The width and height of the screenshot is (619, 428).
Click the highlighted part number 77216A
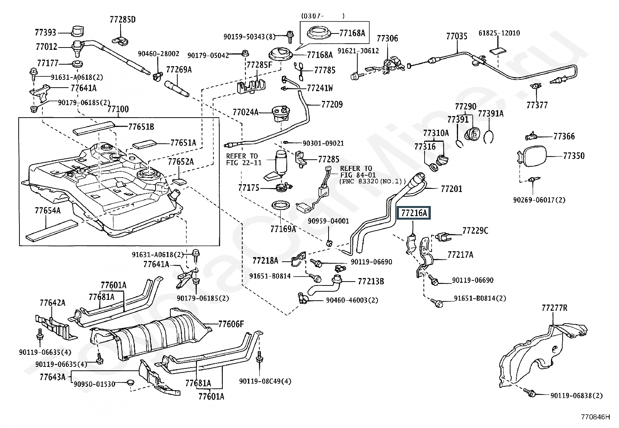pyautogui.click(x=414, y=213)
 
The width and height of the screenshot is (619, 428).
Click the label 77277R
pyautogui.click(x=554, y=308)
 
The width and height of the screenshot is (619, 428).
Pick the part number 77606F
pyautogui.click(x=231, y=324)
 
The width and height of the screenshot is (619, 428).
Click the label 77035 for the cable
pyautogui.click(x=456, y=37)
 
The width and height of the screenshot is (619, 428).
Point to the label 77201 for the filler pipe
pyautogui.click(x=451, y=189)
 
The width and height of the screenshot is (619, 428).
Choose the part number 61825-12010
pyautogui.click(x=499, y=33)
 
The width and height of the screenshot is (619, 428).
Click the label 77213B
pyautogui.click(x=371, y=281)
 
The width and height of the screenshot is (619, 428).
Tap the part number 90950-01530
pyautogui.click(x=94, y=384)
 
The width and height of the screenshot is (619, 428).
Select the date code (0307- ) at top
pyautogui.click(x=322, y=16)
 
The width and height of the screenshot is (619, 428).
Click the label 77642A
pyautogui.click(x=52, y=303)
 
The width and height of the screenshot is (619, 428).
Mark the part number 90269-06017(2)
pyautogui.click(x=539, y=200)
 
